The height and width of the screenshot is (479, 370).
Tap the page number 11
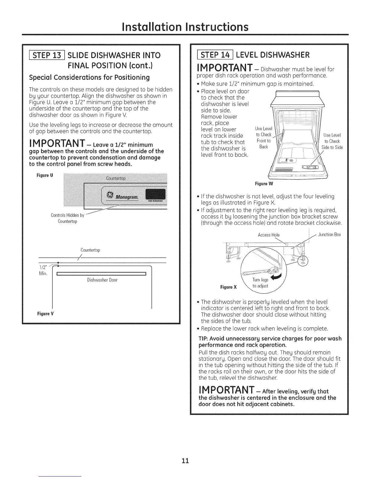pyautogui.click(x=185, y=461)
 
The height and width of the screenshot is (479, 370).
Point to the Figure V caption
pyautogui.click(x=46, y=313)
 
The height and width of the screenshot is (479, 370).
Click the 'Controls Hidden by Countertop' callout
pyautogui.click(x=67, y=218)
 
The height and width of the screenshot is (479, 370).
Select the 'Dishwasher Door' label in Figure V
pyautogui.click(x=102, y=280)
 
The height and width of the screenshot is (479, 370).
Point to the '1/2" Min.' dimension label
pyautogui.click(x=43, y=270)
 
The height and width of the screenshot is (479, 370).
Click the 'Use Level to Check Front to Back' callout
pyautogui.click(x=264, y=138)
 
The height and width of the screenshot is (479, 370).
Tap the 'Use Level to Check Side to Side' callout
pyautogui.click(x=332, y=141)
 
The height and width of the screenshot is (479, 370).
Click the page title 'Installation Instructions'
pyautogui.click(x=185, y=27)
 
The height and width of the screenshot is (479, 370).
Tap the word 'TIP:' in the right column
pyautogui.click(x=203, y=338)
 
